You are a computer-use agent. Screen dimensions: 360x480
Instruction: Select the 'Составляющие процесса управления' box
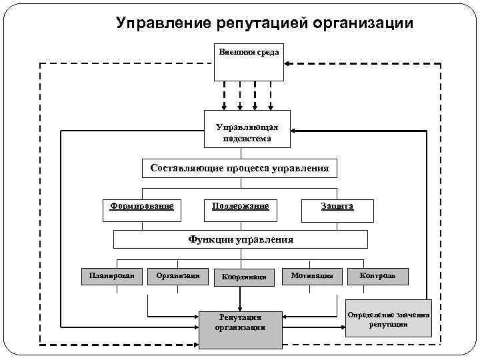coord(239,168)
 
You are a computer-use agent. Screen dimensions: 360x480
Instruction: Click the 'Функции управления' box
coord(240,239)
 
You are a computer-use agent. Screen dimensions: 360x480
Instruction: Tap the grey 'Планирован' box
coord(112,275)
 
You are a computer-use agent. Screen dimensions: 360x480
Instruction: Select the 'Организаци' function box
coord(178,275)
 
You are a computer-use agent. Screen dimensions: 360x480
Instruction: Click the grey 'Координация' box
coord(244,276)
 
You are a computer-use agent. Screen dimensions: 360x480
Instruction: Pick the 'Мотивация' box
coord(312,275)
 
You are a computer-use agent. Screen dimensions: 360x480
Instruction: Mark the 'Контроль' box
coord(377,275)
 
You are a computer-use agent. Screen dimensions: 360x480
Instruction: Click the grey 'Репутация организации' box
coord(240,322)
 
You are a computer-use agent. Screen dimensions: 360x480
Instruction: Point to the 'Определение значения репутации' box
coord(389,318)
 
